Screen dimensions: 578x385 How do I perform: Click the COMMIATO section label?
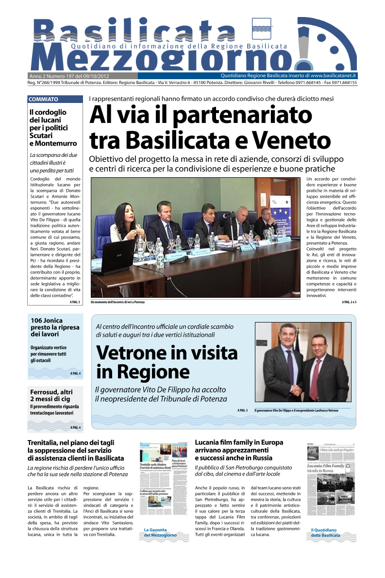click(44, 99)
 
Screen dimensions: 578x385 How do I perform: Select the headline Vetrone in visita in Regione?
click(167, 362)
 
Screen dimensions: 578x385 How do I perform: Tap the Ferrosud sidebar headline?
click(50, 395)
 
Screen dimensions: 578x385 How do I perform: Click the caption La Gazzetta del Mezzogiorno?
click(160, 532)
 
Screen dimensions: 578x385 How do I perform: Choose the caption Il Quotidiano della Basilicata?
click(325, 532)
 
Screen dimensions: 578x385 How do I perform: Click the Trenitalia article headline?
click(75, 450)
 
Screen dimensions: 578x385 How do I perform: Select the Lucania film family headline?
click(238, 450)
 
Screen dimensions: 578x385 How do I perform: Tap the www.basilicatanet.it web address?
click(334, 76)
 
